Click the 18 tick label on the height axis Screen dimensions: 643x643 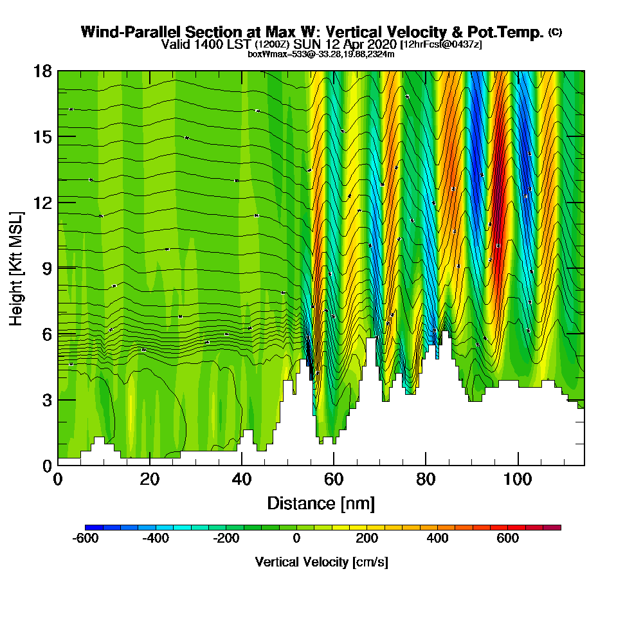(x=42, y=71)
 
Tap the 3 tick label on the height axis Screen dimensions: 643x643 (x=46, y=400)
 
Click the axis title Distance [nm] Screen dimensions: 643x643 (x=321, y=503)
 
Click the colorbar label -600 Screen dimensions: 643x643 (x=86, y=539)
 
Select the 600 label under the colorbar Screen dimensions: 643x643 (x=508, y=539)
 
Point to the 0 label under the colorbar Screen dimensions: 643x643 (x=296, y=539)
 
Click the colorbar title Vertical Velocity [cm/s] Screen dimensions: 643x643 (x=321, y=562)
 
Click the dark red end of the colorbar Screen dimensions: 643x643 (x=556, y=527)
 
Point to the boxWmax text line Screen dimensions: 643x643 (x=321, y=54)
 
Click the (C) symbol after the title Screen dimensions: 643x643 (x=556, y=32)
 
